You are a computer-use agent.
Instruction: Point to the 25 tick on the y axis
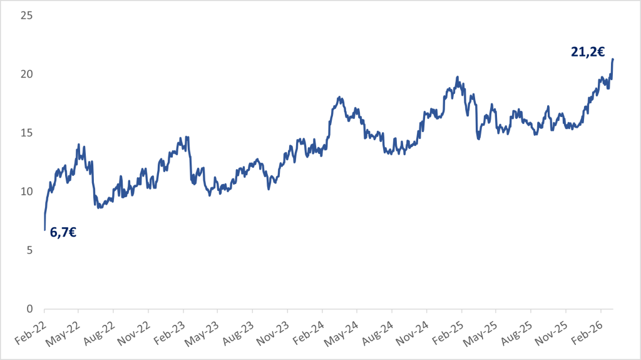(26, 15)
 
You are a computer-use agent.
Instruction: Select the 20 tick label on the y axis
(26, 74)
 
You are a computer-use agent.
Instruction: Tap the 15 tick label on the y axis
(26, 133)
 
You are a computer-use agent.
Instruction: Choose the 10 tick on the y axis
(26, 192)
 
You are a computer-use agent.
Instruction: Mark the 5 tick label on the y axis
(29, 250)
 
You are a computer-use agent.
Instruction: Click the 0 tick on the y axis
(29, 309)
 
